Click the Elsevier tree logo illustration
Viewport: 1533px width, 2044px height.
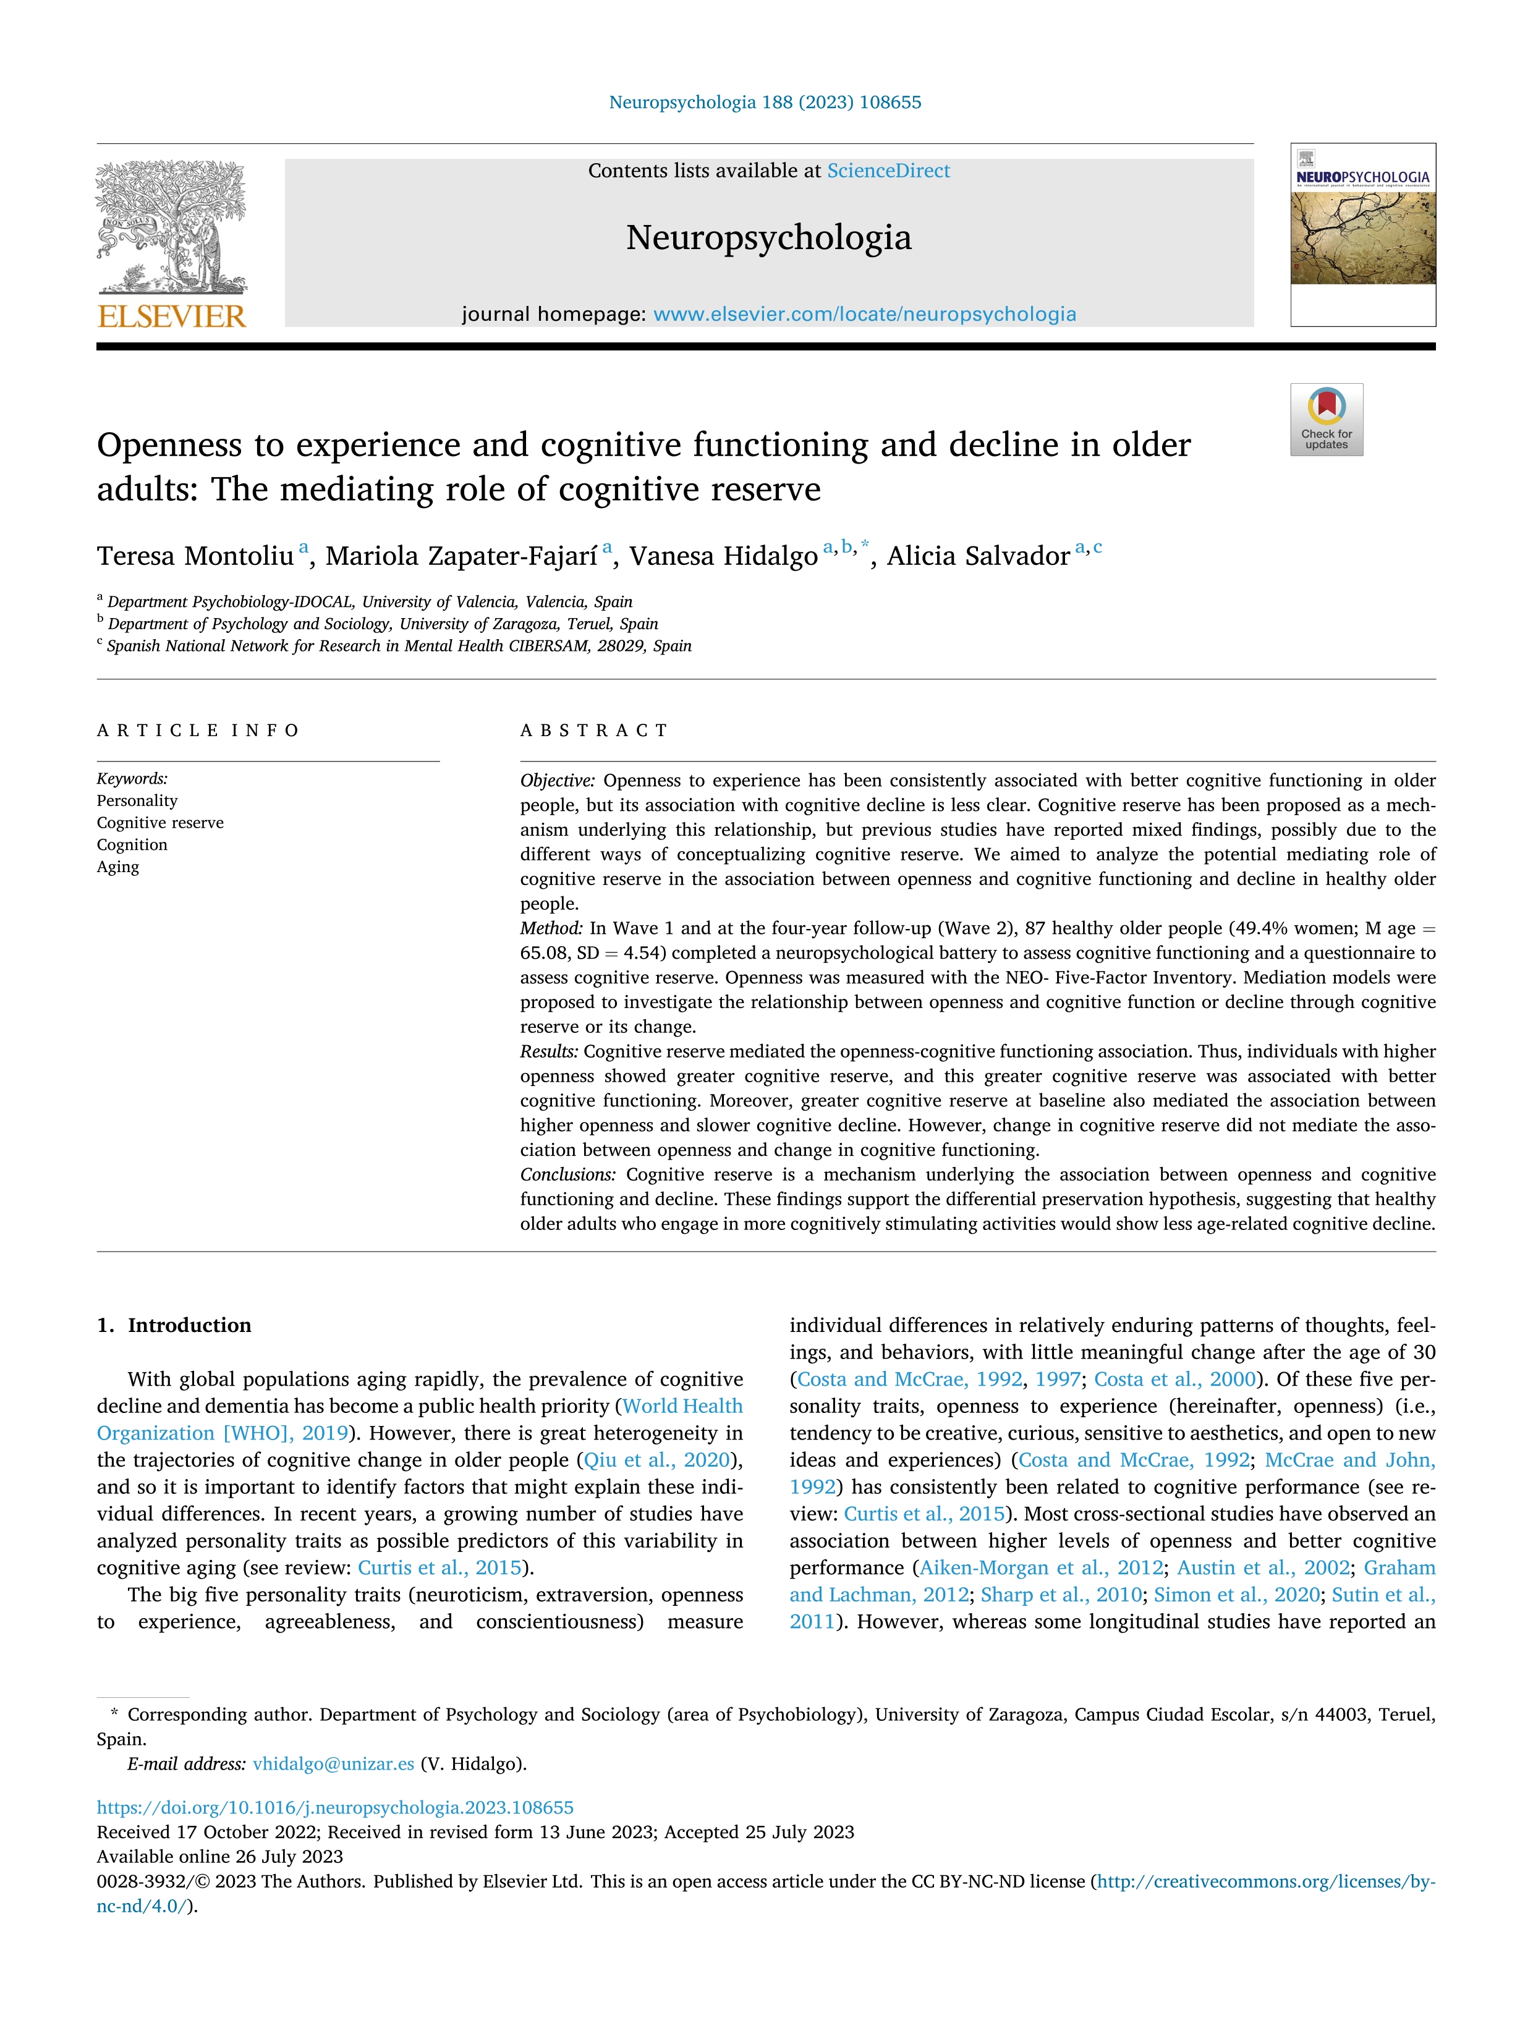coord(172,226)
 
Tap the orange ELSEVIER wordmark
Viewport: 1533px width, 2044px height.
coord(172,317)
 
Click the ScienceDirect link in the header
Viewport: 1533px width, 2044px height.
coord(888,171)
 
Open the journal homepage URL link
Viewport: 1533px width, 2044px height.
coord(864,314)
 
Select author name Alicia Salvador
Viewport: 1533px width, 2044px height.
coord(978,556)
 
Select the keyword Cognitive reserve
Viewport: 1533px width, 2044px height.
coord(160,823)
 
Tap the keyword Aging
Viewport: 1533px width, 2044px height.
coord(117,867)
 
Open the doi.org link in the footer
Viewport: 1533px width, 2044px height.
coord(334,1807)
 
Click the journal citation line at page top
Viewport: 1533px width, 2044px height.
coord(765,103)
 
